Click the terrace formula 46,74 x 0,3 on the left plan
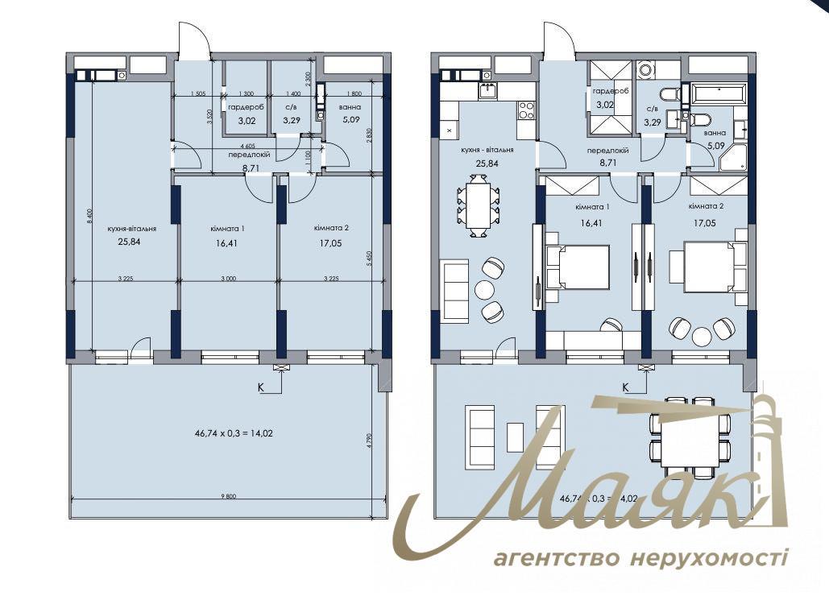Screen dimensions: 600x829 pos(229,432)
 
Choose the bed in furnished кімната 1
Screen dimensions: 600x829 pos(577,267)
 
